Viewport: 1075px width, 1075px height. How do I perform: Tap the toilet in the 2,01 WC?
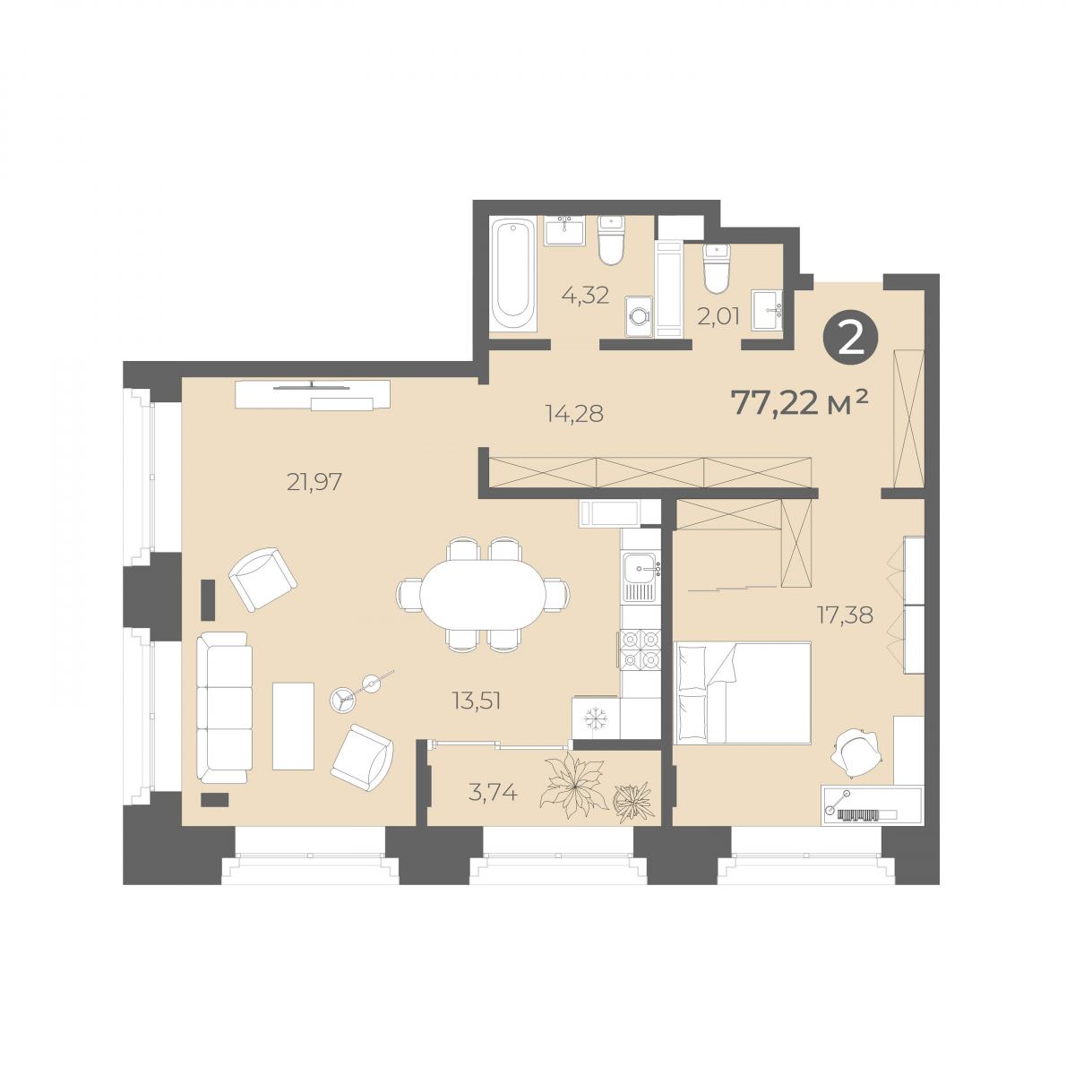coord(717,268)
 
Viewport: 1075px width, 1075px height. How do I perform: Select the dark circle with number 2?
coord(851,340)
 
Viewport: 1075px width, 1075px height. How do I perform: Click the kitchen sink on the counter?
coord(641,570)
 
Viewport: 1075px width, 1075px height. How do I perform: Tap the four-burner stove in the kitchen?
coord(640,649)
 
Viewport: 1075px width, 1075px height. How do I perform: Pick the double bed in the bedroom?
coord(743,692)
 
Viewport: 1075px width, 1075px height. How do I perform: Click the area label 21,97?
coord(314,481)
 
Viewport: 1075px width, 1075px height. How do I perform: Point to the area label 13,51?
coord(477,701)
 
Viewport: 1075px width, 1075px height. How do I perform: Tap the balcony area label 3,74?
coord(493,792)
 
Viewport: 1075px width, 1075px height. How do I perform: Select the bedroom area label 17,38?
coord(846,615)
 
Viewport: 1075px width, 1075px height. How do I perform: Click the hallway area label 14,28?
coord(573,414)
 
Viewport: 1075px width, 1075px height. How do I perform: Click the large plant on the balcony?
coord(574,786)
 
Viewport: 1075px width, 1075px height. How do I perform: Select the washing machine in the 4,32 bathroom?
coord(639,315)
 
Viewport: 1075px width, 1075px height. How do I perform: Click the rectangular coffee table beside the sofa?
coord(294,726)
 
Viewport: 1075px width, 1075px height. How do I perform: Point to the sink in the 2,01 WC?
coord(767,310)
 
